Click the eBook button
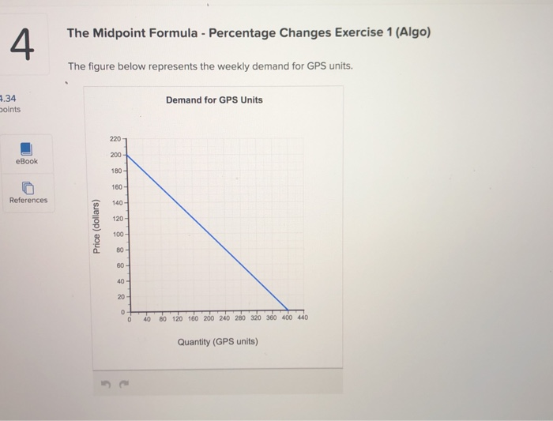click(x=26, y=153)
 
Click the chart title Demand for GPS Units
click(x=214, y=100)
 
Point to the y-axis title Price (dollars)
click(x=96, y=227)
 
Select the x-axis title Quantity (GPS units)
click(x=217, y=342)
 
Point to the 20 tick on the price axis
click(x=118, y=297)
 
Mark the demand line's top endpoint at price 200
click(x=128, y=155)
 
